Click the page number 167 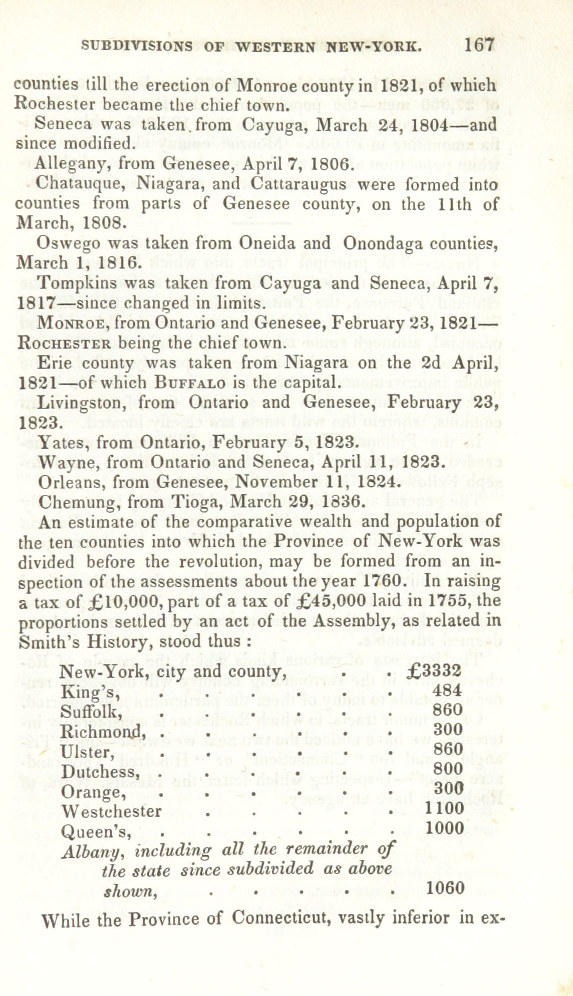(x=479, y=45)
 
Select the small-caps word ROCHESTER (x=64, y=344)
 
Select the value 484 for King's (x=447, y=691)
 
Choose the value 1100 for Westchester (x=444, y=808)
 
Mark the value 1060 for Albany (x=445, y=888)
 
